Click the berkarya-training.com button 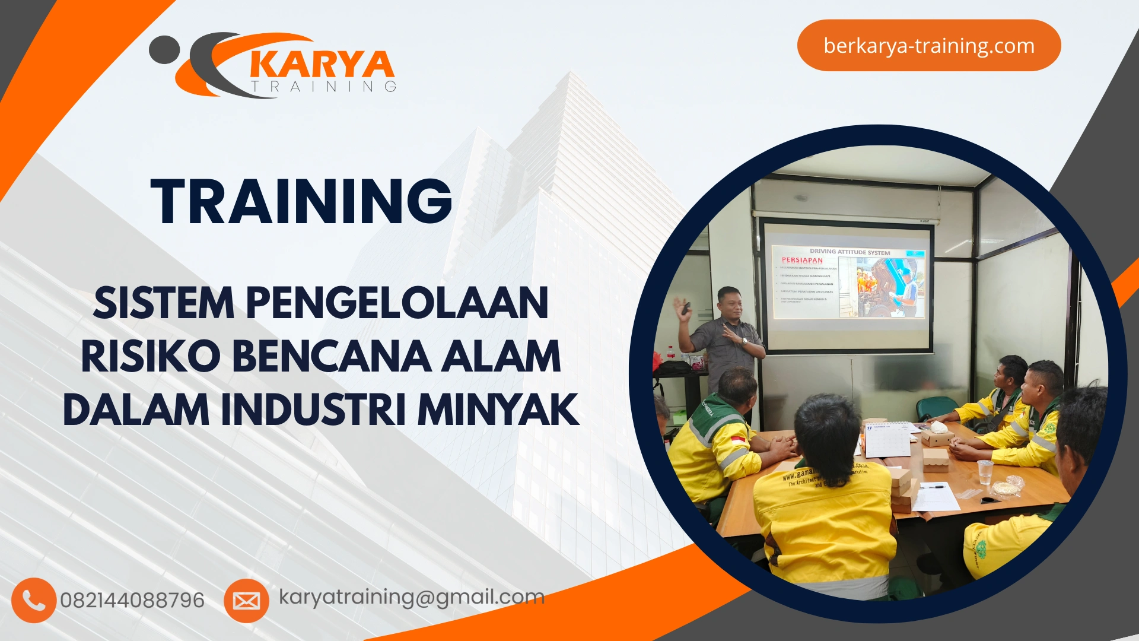(x=928, y=46)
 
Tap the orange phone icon (x=34, y=601)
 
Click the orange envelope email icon (x=246, y=601)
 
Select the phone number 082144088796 (x=132, y=601)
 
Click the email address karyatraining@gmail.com (x=412, y=597)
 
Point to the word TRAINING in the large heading (x=302, y=202)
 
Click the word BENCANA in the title (x=332, y=357)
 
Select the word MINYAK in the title (x=498, y=410)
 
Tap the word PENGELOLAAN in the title (x=397, y=303)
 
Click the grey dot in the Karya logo (x=164, y=50)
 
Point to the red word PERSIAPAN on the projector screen (x=802, y=260)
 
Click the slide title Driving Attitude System (x=850, y=252)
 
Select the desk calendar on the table (x=887, y=440)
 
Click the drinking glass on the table (x=985, y=472)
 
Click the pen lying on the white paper (x=932, y=487)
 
